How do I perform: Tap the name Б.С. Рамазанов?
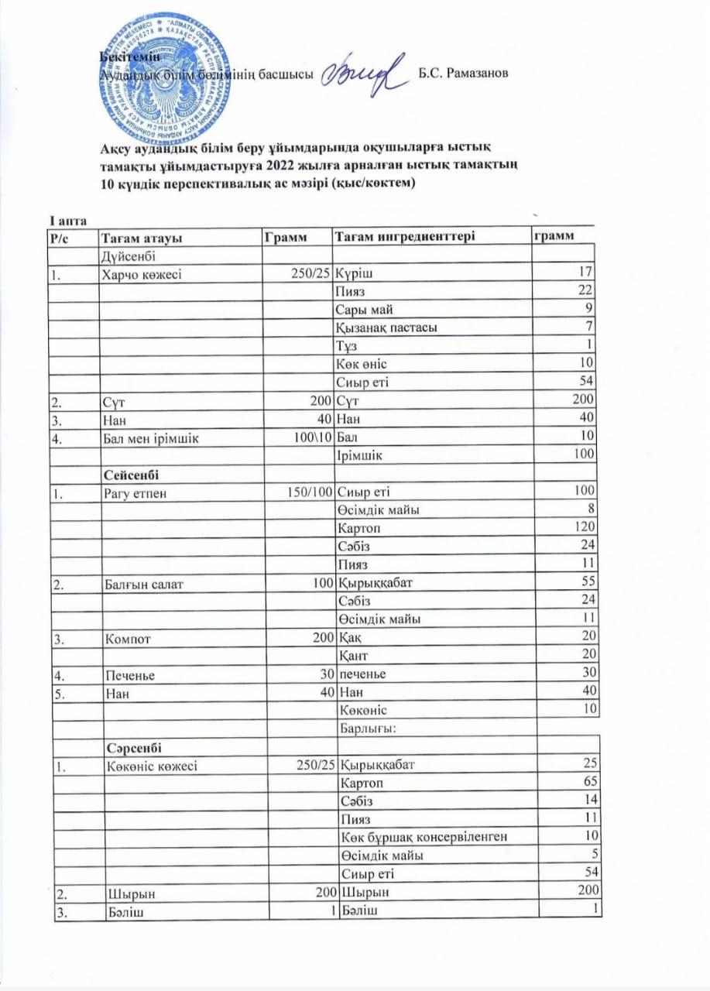click(462, 74)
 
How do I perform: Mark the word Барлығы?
click(369, 728)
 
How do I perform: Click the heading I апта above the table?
click(63, 223)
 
